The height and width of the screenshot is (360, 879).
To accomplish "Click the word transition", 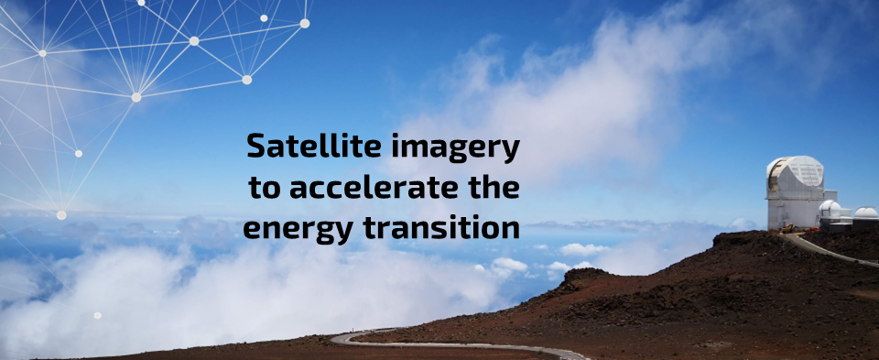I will (439, 227).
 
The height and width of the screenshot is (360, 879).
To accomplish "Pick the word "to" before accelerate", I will (265, 188).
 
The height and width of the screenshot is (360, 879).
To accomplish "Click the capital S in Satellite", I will (257, 147).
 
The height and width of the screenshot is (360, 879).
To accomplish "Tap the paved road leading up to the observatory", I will (829, 249).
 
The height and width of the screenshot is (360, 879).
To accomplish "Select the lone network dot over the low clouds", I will (97, 315).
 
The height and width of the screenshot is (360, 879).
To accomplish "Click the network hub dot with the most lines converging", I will (136, 96).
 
